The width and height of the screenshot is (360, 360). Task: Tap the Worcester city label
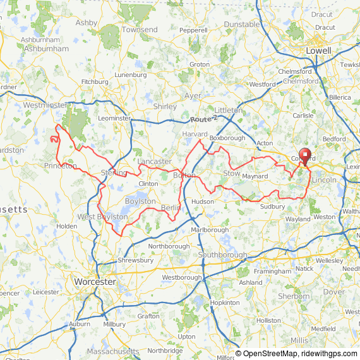[93, 281]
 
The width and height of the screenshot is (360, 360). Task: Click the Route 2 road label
[203, 119]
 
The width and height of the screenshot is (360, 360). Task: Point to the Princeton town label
[60, 166]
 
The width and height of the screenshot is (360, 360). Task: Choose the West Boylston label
[102, 217]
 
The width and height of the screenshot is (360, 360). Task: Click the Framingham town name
[273, 271]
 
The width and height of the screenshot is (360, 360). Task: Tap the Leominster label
[114, 118]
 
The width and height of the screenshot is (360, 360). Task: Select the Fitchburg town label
[95, 81]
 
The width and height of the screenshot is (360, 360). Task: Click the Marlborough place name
[210, 230]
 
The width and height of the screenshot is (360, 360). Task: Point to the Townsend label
[140, 30]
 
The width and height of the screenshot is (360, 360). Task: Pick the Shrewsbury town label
[135, 260]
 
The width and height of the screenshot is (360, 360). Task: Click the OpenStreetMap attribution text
[265, 354]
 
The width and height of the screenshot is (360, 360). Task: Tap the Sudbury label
[273, 207]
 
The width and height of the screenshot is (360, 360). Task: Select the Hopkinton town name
[225, 303]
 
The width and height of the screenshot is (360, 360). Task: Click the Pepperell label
[193, 30]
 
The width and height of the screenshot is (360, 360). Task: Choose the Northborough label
[169, 246]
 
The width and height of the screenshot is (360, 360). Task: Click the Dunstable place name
[242, 24]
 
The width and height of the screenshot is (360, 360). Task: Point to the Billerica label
[339, 98]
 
